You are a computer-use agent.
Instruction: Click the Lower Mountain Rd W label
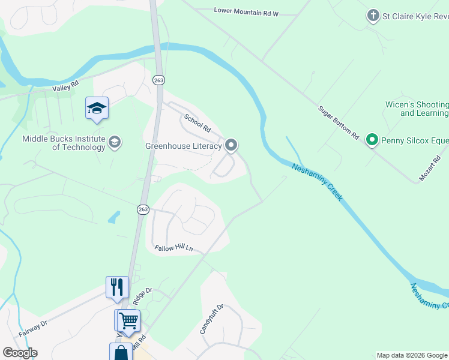coord(247,11)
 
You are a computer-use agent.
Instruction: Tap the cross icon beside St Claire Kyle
coord(373,16)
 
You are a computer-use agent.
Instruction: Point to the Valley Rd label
coord(66,88)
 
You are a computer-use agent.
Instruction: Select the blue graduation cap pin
coord(97,109)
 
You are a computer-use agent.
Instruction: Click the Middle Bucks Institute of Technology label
coord(64,143)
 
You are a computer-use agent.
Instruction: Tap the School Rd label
coord(197,124)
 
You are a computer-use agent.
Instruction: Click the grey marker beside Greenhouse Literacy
coord(232,145)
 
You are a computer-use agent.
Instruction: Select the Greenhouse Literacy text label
coord(184,146)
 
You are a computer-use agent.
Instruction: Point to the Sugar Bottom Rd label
coord(338,122)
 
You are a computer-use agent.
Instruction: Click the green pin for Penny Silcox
coord(372,140)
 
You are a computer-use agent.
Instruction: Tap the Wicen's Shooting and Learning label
coord(417,109)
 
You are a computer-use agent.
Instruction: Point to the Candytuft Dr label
coord(211,319)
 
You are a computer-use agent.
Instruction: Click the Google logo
coord(20,353)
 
